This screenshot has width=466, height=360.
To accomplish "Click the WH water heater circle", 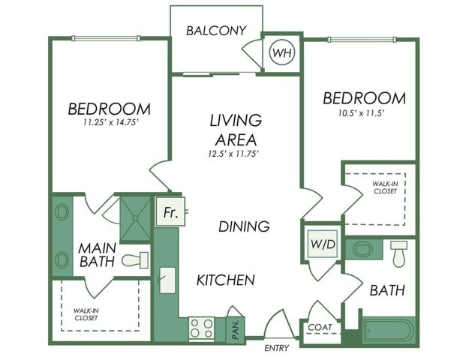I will coord(282,53).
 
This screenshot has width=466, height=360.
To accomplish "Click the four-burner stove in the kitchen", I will coord(201,328).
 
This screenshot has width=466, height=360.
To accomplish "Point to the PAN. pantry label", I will coord(234,328).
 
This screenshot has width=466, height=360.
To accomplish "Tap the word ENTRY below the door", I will coord(277,348).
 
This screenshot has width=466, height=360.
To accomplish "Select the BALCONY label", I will coord(216,31).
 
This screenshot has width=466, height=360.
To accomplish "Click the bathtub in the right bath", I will coord(386,330).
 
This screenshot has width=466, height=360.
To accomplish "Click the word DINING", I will coord(244,226).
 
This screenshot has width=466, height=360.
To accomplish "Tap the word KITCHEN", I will coord(225,280).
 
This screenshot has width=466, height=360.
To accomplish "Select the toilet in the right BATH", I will coord(398,253).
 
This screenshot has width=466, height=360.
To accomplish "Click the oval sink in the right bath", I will coord(364,248).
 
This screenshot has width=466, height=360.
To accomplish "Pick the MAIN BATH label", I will coord(96,255).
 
